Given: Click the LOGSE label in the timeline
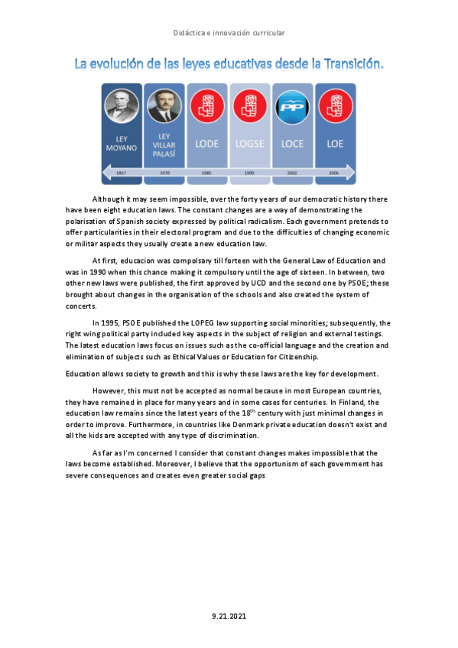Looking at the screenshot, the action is pos(250,143).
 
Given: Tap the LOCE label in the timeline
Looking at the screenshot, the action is pos(292,143).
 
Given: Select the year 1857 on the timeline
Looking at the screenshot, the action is pos(121,173).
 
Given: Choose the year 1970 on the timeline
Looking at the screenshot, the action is pos(164,173).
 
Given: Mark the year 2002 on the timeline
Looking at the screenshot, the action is pos(292,173).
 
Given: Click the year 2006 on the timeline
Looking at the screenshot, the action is pos(335,173).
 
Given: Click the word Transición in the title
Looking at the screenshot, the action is pos(346,64).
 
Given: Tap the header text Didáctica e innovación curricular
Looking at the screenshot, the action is pos(229,32).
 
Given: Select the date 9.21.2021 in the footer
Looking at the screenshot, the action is pos(229,615).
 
